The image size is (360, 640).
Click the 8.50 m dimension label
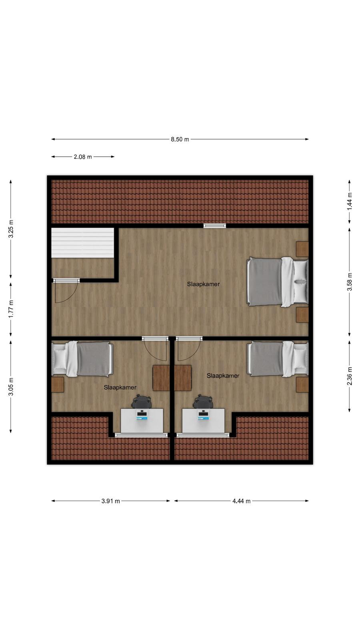(180, 140)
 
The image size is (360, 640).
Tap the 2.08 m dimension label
(83, 157)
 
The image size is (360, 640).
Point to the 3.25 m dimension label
(11, 229)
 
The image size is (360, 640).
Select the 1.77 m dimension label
(11, 308)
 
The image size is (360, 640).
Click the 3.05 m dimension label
(11, 386)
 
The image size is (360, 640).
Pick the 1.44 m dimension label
(350, 201)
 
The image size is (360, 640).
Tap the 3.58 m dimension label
(350, 282)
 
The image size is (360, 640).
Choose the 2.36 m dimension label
(350, 376)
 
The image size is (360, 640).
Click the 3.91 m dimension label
(110, 501)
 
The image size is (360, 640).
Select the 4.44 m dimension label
(242, 501)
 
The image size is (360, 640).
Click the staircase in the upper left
(82, 242)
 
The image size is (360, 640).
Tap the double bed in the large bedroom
(278, 282)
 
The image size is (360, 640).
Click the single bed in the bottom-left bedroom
(82, 359)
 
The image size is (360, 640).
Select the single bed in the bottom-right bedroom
(278, 359)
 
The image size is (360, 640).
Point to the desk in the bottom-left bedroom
(142, 420)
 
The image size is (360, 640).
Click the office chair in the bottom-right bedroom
(203, 402)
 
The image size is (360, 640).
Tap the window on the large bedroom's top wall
(214, 226)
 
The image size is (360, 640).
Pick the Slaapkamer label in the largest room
(204, 284)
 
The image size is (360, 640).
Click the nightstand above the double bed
(302, 249)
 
